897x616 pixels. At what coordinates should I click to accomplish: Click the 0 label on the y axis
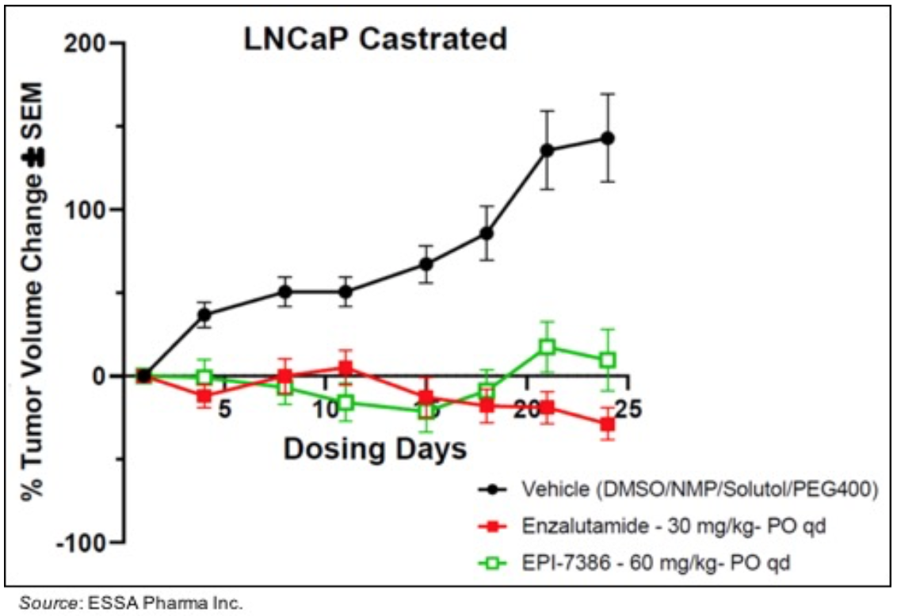pos(99,376)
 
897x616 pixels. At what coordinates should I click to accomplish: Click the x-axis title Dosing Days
pos(375,449)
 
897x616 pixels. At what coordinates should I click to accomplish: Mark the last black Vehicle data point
pos(608,139)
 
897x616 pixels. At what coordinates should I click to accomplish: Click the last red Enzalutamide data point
pos(608,424)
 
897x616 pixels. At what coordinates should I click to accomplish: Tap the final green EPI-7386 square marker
pos(608,360)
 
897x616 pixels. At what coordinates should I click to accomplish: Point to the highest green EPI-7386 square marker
pos(548,347)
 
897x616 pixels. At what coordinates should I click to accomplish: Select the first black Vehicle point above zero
pos(204,314)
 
